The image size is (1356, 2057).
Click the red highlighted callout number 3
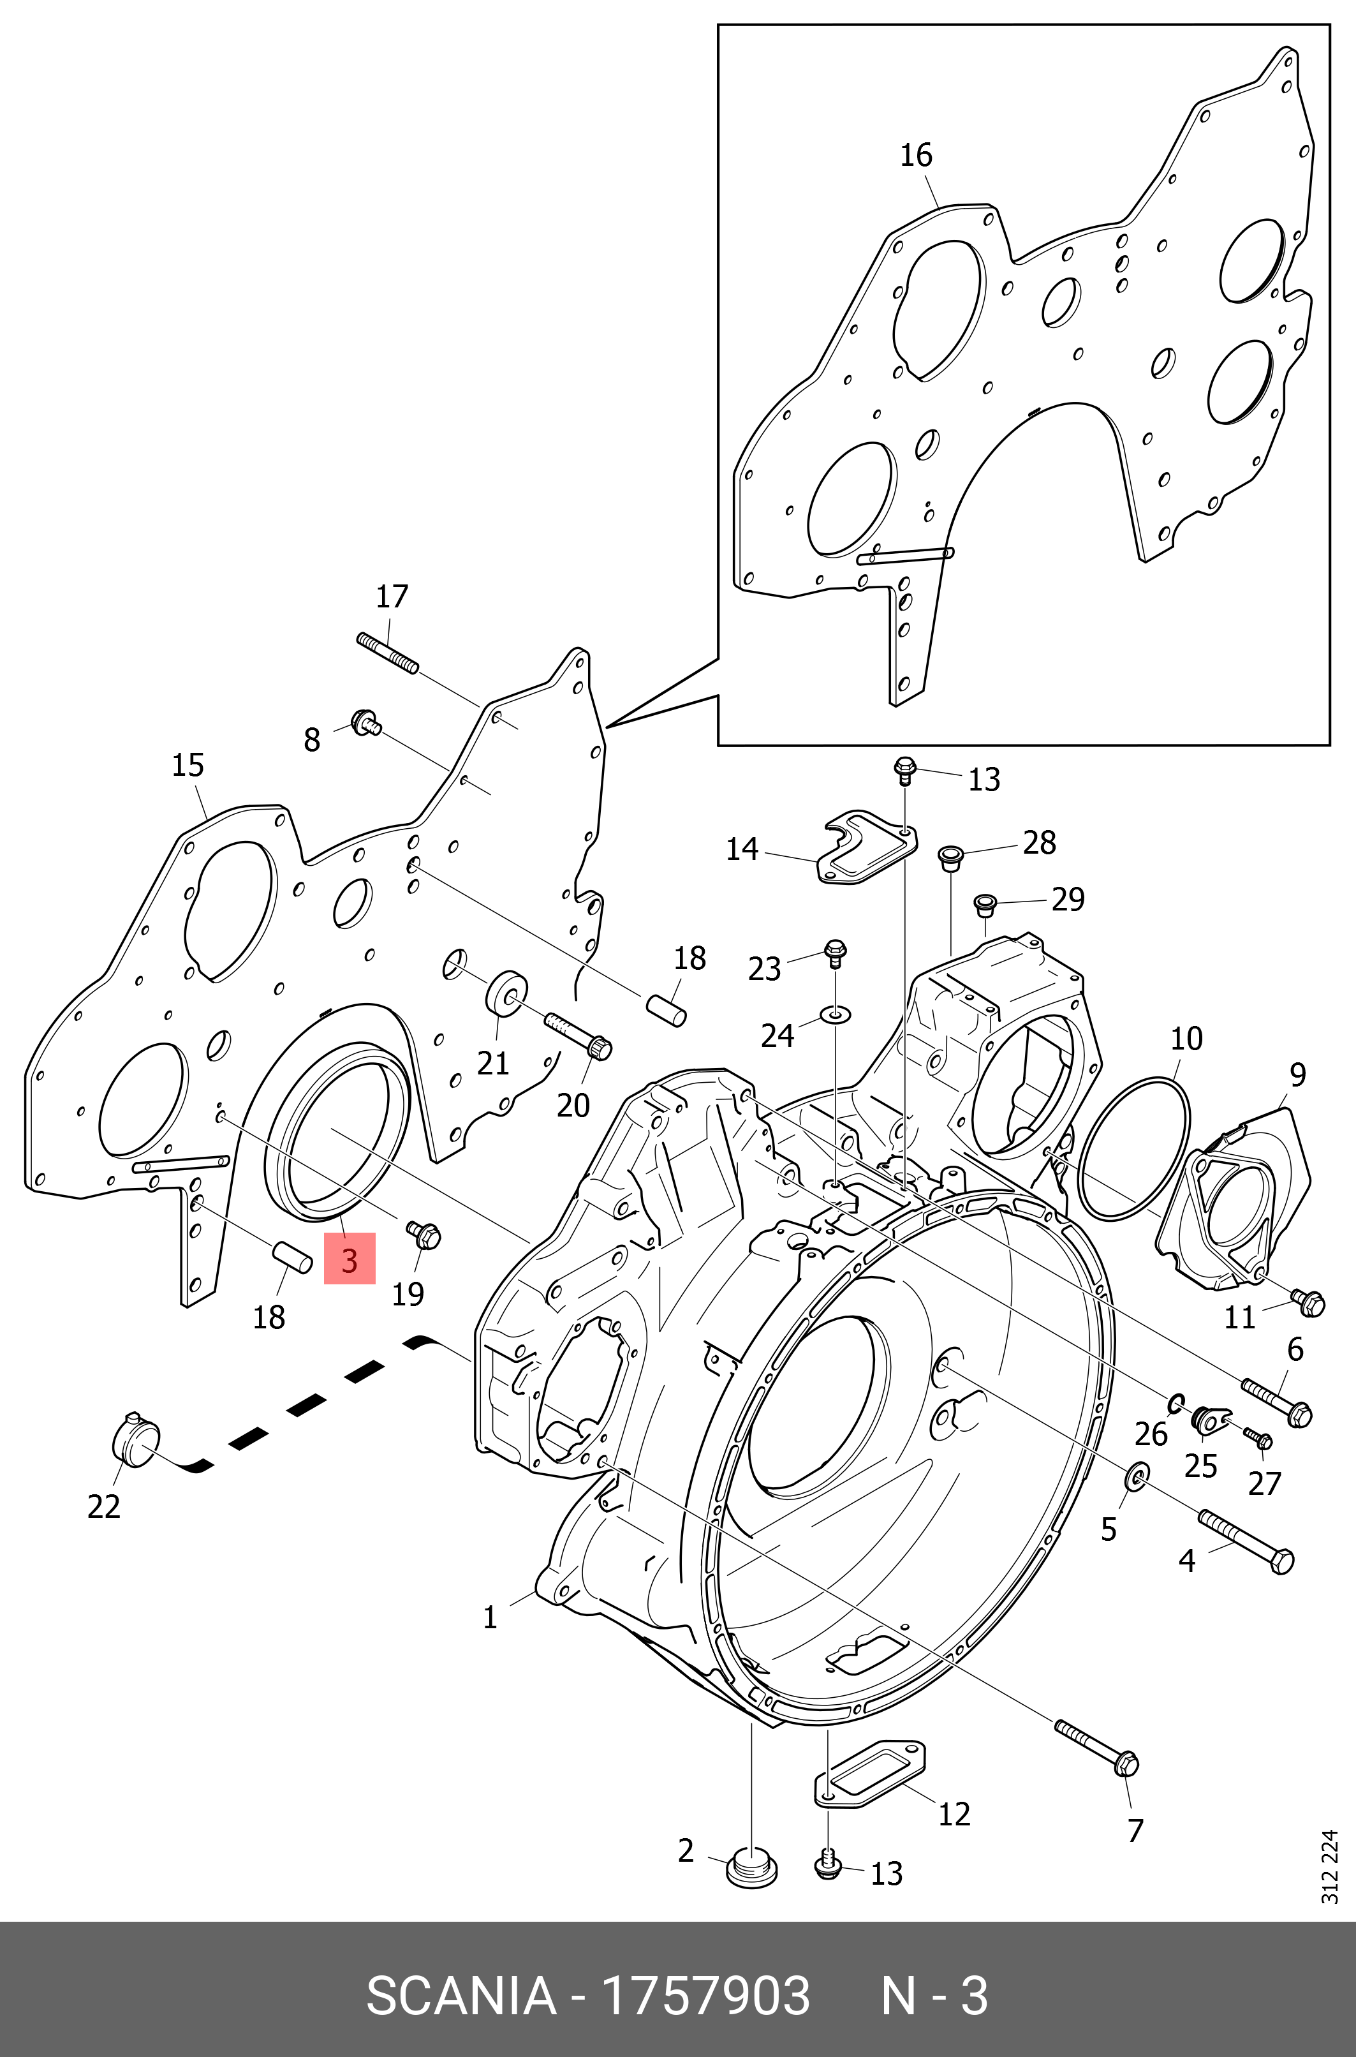tap(350, 1259)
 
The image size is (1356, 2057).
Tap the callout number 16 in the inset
tap(916, 156)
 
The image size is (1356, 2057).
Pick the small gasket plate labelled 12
tap(871, 1773)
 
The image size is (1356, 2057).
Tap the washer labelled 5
tap(1135, 1478)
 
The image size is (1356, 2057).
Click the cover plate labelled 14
tap(866, 848)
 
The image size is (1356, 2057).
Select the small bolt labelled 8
tap(367, 722)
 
